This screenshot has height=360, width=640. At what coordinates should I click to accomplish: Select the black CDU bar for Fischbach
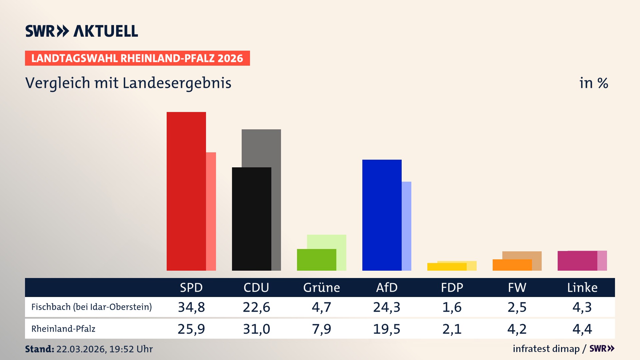click(251, 219)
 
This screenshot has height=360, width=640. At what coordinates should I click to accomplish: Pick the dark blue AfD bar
click(382, 215)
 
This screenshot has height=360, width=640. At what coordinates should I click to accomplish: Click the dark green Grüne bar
click(316, 260)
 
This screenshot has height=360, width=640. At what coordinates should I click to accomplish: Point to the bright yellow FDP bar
click(447, 267)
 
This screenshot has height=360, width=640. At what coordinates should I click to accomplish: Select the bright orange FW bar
click(512, 265)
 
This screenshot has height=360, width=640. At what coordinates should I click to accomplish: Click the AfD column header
click(387, 287)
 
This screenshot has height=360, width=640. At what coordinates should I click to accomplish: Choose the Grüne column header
click(321, 287)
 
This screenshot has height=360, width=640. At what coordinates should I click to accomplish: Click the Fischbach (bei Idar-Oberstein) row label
click(91, 307)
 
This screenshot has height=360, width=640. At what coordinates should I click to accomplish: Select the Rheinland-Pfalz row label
click(63, 329)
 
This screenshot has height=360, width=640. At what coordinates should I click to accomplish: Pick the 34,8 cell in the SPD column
click(191, 307)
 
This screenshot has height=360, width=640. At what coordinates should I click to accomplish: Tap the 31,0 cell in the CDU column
click(256, 329)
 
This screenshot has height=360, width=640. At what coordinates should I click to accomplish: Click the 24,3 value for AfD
click(387, 307)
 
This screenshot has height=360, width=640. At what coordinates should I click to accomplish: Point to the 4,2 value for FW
click(517, 329)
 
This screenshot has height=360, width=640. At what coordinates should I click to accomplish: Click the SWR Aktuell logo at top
click(82, 31)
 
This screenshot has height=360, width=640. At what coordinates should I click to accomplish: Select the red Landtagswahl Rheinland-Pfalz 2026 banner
click(137, 58)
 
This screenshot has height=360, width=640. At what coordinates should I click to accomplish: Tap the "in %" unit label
click(593, 83)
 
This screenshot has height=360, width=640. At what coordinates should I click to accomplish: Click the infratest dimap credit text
click(546, 349)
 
